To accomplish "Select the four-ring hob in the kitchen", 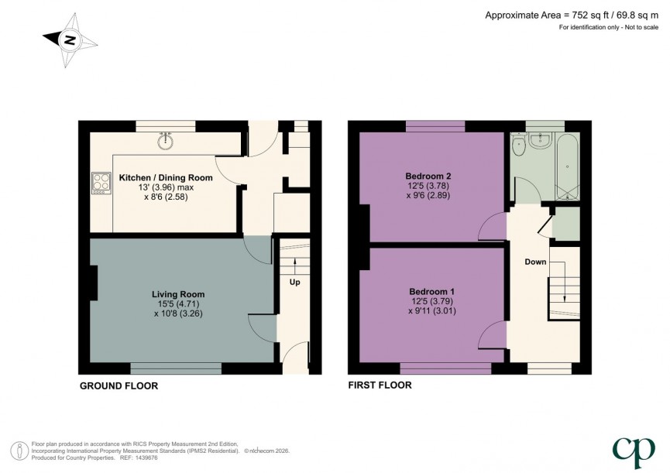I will pos(101,181).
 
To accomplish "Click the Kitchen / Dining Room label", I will pos(166,178).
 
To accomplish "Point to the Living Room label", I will pos(178,294).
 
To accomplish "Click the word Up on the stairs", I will pos(295,283).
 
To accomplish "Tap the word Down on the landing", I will pos(535,262).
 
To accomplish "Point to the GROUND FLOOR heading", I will pos(119,385).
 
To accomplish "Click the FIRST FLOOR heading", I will pos(380,385).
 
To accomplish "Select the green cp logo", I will pos(628,450).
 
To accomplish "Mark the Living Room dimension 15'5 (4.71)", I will pos(179,304).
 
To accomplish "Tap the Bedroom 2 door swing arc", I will pos(489,226).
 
